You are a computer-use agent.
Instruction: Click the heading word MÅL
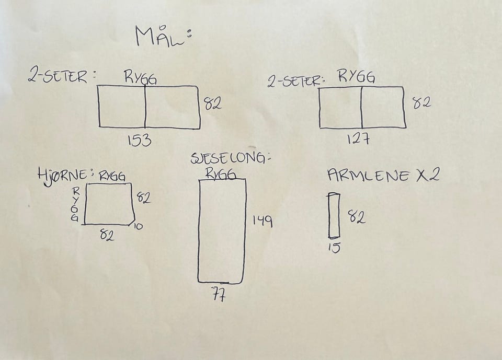tap(160, 36)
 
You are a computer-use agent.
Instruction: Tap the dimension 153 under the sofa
tap(140, 140)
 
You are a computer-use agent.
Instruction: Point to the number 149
tap(263, 221)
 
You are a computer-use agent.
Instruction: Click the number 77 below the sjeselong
tap(219, 294)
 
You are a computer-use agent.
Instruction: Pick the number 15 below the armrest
tap(334, 247)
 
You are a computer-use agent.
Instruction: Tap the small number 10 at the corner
tap(138, 226)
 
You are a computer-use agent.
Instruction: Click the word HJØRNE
tap(62, 175)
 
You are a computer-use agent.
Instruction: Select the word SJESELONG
tap(228, 158)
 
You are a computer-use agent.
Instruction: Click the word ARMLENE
tap(368, 176)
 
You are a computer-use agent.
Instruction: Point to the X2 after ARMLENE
tap(427, 175)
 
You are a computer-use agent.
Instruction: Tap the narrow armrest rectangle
tap(334, 216)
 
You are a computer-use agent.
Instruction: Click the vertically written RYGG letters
tap(75, 204)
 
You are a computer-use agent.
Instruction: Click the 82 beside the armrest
tap(356, 216)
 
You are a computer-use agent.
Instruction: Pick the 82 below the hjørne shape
tap(107, 236)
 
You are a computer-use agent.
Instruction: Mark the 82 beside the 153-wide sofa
tap(213, 103)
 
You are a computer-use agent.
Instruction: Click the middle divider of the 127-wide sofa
tap(362, 108)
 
